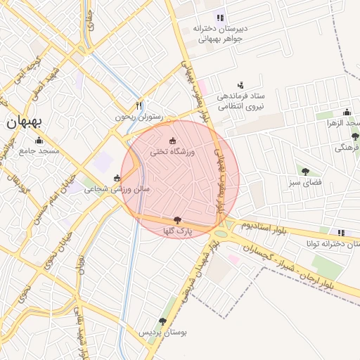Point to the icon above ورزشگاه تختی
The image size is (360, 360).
173,141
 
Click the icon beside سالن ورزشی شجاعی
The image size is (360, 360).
117,178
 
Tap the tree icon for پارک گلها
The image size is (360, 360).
177,220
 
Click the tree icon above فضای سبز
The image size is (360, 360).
305,171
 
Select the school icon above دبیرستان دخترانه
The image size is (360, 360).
220,18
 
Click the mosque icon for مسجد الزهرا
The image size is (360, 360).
347,112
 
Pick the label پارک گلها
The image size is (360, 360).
177,231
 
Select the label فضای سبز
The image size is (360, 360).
304,183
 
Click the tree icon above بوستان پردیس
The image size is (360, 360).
162,321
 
